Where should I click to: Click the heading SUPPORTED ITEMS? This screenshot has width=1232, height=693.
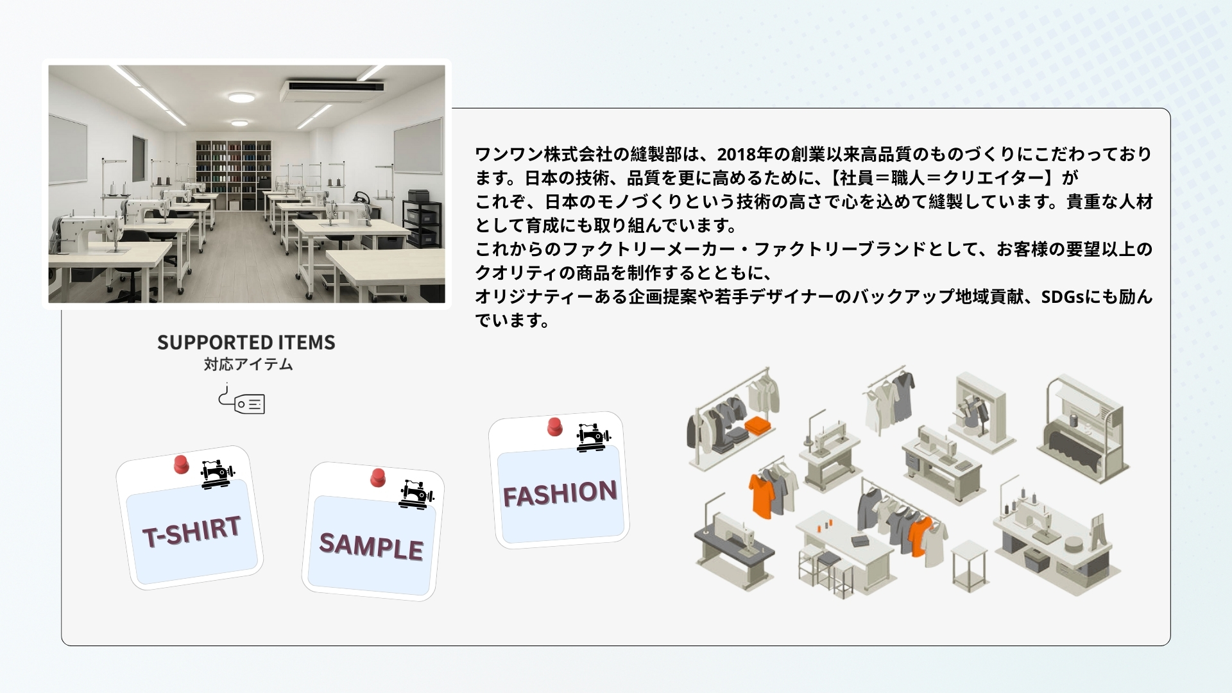pos(246,343)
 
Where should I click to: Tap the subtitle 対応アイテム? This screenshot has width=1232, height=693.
pos(248,364)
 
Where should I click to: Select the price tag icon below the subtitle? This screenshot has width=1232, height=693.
pos(242,399)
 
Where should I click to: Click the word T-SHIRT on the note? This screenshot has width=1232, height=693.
pos(191,531)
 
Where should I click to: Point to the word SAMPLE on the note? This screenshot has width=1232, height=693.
pos(372,546)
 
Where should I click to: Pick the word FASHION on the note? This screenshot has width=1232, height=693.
pos(560,493)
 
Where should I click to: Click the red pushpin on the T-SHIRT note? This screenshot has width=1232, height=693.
pos(182,464)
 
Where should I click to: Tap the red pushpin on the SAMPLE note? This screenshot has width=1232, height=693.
pos(378,477)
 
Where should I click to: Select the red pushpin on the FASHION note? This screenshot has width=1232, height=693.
pos(555,427)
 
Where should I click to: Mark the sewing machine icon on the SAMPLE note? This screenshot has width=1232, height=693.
pos(417,495)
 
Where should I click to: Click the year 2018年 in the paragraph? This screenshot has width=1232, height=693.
pos(744,155)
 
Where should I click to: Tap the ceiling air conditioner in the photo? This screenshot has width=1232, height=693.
pos(332,90)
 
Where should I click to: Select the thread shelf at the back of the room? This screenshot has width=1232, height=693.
pos(234,175)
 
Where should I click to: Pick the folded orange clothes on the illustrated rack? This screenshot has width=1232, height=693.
pos(759,424)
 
